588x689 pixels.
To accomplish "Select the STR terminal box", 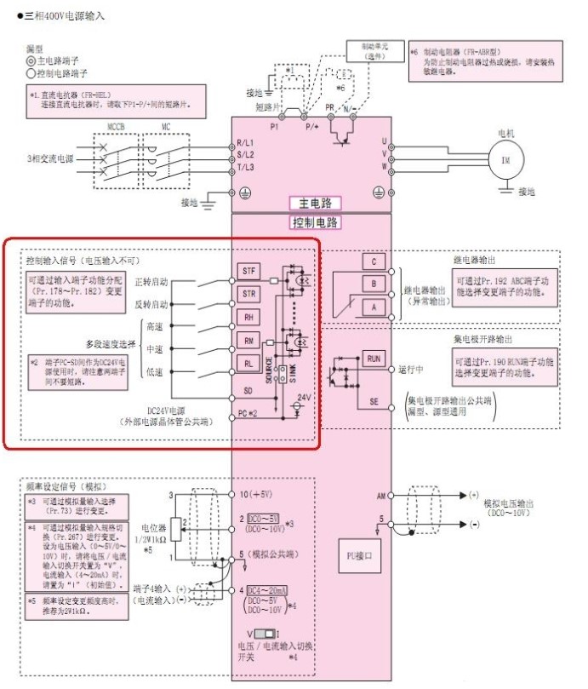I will tap(248, 294).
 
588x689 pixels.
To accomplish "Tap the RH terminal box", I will tap(248, 315).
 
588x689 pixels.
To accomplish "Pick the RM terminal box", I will tap(248, 340).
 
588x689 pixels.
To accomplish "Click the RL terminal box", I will tap(248, 362).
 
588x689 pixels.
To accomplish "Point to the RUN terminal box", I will tap(374, 359).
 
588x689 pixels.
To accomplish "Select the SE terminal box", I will tap(374, 401).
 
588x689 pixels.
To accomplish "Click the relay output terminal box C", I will tap(373, 261).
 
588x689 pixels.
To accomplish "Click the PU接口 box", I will tap(363, 554).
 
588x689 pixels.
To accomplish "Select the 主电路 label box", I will tap(314, 204).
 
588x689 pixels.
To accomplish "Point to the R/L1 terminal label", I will tap(245, 141).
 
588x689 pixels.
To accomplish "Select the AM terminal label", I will tap(380, 495).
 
